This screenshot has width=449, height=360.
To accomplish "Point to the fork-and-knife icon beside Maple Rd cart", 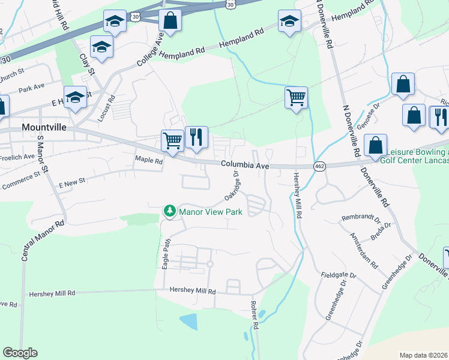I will [196, 137].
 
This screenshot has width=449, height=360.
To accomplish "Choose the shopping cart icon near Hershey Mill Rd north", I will [296, 97].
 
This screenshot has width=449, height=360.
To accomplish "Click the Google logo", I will [20, 353].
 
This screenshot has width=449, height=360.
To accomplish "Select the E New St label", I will [72, 181].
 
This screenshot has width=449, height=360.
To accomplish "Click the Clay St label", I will [88, 63].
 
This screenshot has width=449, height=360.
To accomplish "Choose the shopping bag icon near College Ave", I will [170, 20].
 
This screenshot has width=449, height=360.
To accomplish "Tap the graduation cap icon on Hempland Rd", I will [290, 21].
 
